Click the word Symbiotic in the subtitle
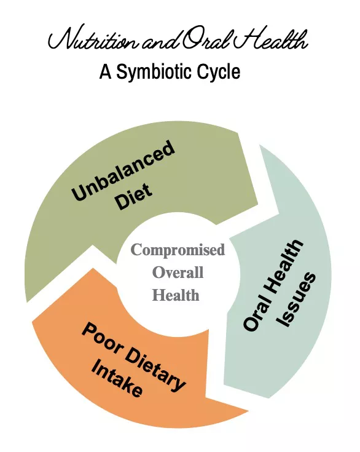150,72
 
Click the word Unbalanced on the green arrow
123,170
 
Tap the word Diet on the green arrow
133,196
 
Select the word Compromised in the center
178,250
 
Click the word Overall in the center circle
178,272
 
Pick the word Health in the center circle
176,295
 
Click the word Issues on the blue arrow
296,299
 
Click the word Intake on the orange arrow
117,378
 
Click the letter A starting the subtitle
106,72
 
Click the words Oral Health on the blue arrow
273,285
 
